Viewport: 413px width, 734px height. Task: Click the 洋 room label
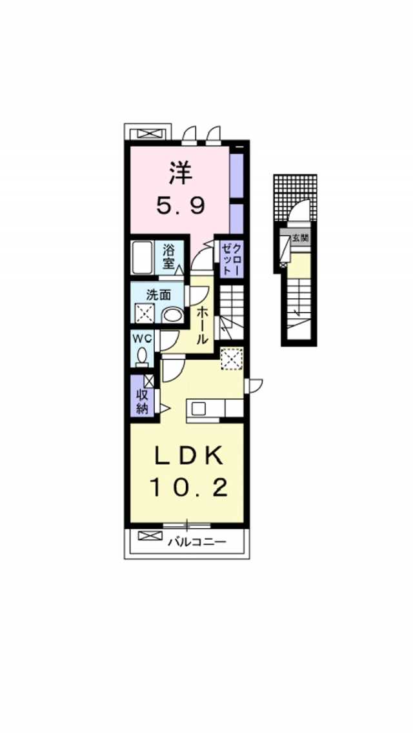[179, 174]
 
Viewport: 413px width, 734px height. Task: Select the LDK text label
[188, 457]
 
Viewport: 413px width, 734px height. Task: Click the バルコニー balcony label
[197, 542]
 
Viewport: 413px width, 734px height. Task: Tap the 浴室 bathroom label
[169, 256]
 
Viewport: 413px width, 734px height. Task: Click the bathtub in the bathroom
[142, 258]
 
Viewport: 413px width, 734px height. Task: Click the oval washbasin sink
[172, 315]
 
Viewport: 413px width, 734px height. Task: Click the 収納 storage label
[142, 402]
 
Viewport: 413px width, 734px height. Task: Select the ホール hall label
[202, 324]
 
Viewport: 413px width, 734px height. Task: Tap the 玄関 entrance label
[300, 238]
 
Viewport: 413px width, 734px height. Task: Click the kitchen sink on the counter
[197, 409]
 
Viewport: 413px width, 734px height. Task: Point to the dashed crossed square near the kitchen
[231, 359]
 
